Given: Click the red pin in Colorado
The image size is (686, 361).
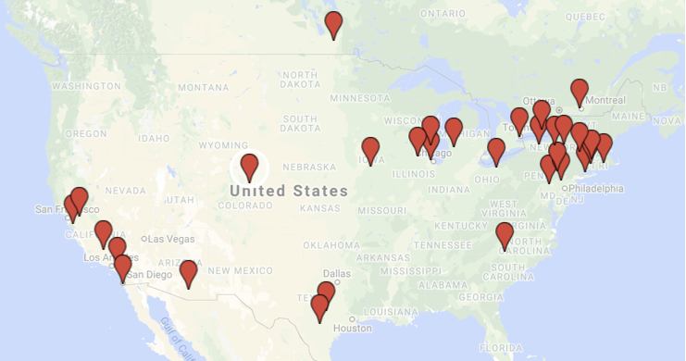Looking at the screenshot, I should [249, 167].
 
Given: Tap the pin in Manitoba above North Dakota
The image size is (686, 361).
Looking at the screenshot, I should [333, 23].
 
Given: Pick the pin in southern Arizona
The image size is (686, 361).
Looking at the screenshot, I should [189, 272].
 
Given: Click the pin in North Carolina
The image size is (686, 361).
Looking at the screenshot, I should [505, 235].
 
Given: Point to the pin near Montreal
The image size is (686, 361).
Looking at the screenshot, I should [580, 92].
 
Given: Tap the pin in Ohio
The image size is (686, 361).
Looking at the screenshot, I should [496, 151].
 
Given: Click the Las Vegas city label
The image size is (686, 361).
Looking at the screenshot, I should [168, 239].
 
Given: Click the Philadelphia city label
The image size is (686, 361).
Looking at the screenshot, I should [596, 188].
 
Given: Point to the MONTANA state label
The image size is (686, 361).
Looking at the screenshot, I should [203, 87].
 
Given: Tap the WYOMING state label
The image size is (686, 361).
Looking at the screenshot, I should [223, 145].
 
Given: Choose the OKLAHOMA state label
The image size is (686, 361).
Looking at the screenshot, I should [332, 245].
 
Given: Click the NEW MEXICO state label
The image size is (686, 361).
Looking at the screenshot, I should [240, 270].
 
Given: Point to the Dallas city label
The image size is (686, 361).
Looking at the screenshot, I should [338, 274].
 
